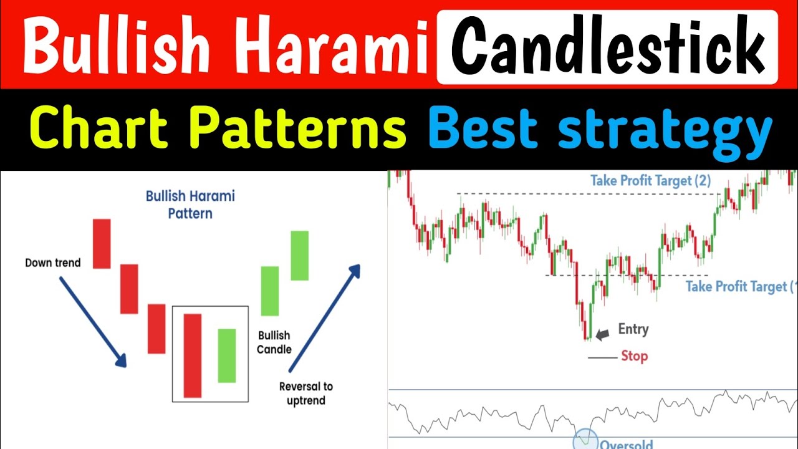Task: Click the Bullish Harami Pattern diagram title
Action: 190,205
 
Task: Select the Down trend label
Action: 53,263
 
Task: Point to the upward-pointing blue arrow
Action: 324,317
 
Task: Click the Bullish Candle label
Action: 274,342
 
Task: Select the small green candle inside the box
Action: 227,355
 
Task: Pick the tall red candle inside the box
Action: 193,355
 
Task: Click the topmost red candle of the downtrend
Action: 102,244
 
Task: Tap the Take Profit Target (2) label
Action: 651,181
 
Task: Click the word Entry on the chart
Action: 633,329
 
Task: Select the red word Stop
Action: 634,356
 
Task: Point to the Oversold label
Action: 626,444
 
